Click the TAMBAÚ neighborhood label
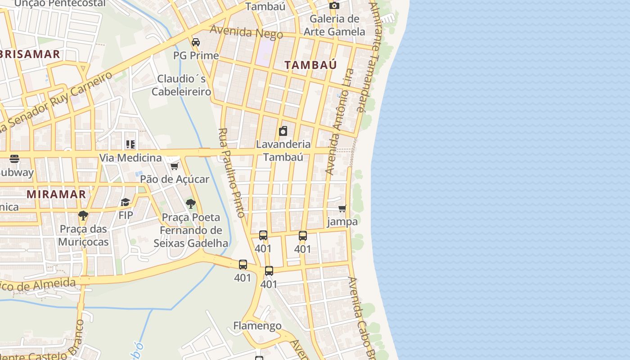[x=310, y=65]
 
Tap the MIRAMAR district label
[x=56, y=194]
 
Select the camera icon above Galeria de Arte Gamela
[x=334, y=6]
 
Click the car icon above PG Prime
[x=196, y=42]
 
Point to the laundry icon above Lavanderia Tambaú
[x=283, y=131]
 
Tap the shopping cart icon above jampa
[x=342, y=208]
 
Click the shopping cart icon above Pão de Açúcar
[x=174, y=166]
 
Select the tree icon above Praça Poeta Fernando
[x=191, y=204]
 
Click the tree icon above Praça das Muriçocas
[x=83, y=216]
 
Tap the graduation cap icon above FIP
[x=126, y=202]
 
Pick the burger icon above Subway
[x=14, y=159]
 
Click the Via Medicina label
[x=130, y=158]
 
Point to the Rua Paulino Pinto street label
[x=232, y=173]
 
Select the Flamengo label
[x=257, y=326]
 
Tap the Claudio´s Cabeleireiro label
[x=181, y=85]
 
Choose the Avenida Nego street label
[x=246, y=32]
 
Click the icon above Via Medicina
[x=130, y=144]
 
